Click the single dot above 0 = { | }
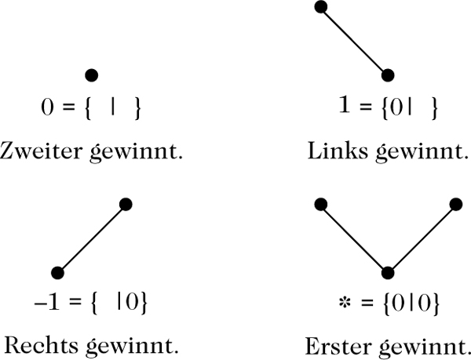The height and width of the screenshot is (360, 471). (x=91, y=75)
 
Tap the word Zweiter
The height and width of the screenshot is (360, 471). (x=36, y=149)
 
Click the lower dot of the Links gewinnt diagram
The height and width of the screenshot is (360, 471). (x=387, y=75)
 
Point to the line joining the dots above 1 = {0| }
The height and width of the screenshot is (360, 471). (x=353, y=41)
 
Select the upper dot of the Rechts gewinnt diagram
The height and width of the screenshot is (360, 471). (x=126, y=204)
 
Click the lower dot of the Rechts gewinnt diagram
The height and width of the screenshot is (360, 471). (x=57, y=272)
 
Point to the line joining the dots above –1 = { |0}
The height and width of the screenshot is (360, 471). (x=91, y=238)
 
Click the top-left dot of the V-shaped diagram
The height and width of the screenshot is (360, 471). (x=320, y=204)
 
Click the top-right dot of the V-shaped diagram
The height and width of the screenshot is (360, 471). (x=455, y=204)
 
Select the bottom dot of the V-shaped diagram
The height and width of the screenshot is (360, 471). (x=387, y=272)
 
